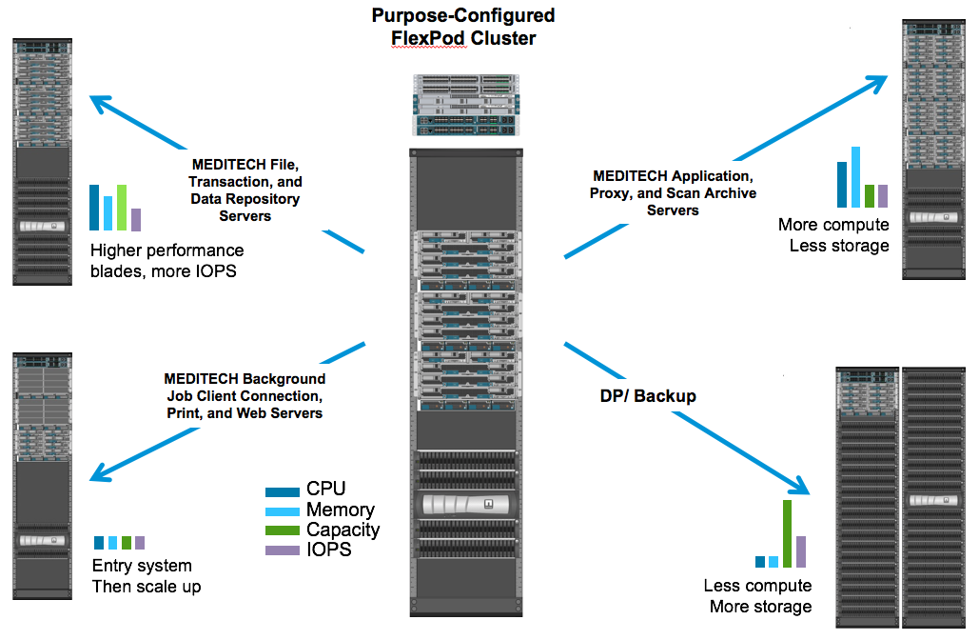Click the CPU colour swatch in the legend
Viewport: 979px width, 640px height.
pyautogui.click(x=284, y=491)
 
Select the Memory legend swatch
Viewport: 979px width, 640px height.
pyautogui.click(x=284, y=510)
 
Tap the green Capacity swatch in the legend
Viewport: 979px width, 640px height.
pyautogui.click(x=284, y=530)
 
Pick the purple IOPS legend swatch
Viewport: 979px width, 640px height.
pyautogui.click(x=284, y=550)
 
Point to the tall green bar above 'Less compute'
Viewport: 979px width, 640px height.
pyautogui.click(x=787, y=533)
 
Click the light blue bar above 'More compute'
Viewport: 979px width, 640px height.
pyautogui.click(x=855, y=177)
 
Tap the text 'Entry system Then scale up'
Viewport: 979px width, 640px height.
pyautogui.click(x=147, y=576)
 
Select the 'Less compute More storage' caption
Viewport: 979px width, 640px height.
pyautogui.click(x=758, y=596)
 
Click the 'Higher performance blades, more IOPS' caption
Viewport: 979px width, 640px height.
pyautogui.click(x=167, y=260)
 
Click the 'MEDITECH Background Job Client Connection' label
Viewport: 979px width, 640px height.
pyautogui.click(x=244, y=395)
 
